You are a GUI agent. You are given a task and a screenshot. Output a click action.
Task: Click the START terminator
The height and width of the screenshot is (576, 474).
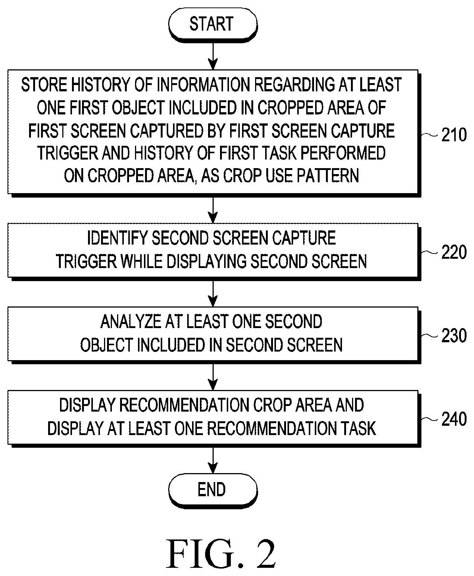[213, 24]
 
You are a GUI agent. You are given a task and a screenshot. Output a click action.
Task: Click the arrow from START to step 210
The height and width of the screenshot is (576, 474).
[213, 56]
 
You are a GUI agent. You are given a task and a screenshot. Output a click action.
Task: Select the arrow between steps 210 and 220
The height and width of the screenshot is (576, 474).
[213, 210]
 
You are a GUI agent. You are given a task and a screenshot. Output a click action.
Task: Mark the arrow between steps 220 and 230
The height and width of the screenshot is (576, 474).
[213, 294]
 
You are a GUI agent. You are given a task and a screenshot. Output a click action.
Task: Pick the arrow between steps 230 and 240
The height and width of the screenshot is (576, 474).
[213, 377]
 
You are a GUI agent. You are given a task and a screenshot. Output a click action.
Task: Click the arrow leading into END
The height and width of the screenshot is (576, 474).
[213, 460]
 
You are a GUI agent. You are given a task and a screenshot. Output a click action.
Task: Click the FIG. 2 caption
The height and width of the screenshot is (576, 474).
[221, 553]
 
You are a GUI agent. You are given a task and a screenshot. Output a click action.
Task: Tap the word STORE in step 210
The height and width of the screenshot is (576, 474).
[44, 85]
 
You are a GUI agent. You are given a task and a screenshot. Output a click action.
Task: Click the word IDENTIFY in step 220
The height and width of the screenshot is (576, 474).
[118, 238]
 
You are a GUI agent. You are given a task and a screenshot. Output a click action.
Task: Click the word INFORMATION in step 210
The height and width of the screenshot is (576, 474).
[203, 85]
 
